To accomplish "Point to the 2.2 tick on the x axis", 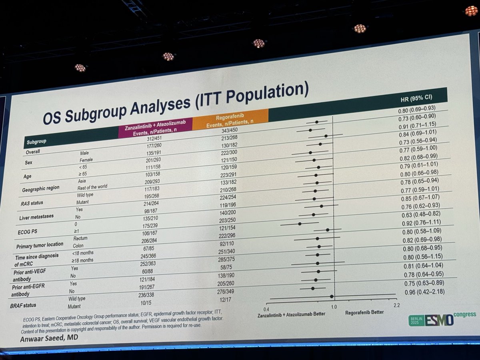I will (396, 306).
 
